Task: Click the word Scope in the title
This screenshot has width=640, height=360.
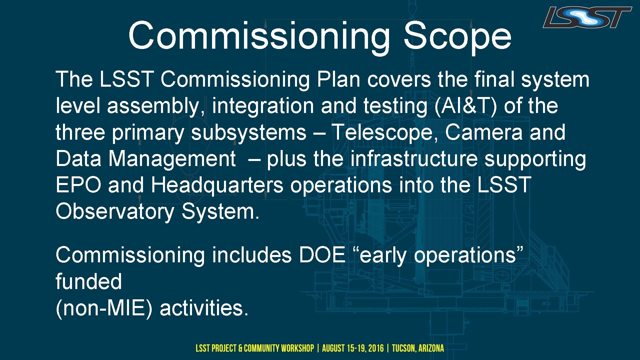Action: pyautogui.click(x=457, y=36)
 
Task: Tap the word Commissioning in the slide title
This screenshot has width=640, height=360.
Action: pyautogui.click(x=259, y=36)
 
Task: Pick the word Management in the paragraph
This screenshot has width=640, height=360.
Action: pyautogui.click(x=172, y=159)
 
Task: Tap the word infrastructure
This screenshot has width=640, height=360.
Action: pyautogui.click(x=414, y=159)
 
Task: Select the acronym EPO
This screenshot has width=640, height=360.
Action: pyautogui.click(x=78, y=185)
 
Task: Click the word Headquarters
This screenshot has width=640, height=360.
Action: pyautogui.click(x=217, y=185)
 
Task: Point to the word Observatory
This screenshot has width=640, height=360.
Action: pyautogui.click(x=115, y=212)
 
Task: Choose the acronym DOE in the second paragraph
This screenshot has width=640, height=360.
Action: pyautogui.click(x=322, y=255)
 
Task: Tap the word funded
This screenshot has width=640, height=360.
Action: pyautogui.click(x=89, y=282)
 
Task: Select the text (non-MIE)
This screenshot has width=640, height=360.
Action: pyautogui.click(x=104, y=308)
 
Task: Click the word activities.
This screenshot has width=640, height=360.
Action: pyautogui.click(x=204, y=308)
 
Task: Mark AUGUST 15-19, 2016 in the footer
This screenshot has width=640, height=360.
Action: pyautogui.click(x=353, y=349)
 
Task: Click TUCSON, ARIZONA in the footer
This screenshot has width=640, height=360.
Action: pyautogui.click(x=418, y=349)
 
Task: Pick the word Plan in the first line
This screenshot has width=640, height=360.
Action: pyautogui.click(x=338, y=80)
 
